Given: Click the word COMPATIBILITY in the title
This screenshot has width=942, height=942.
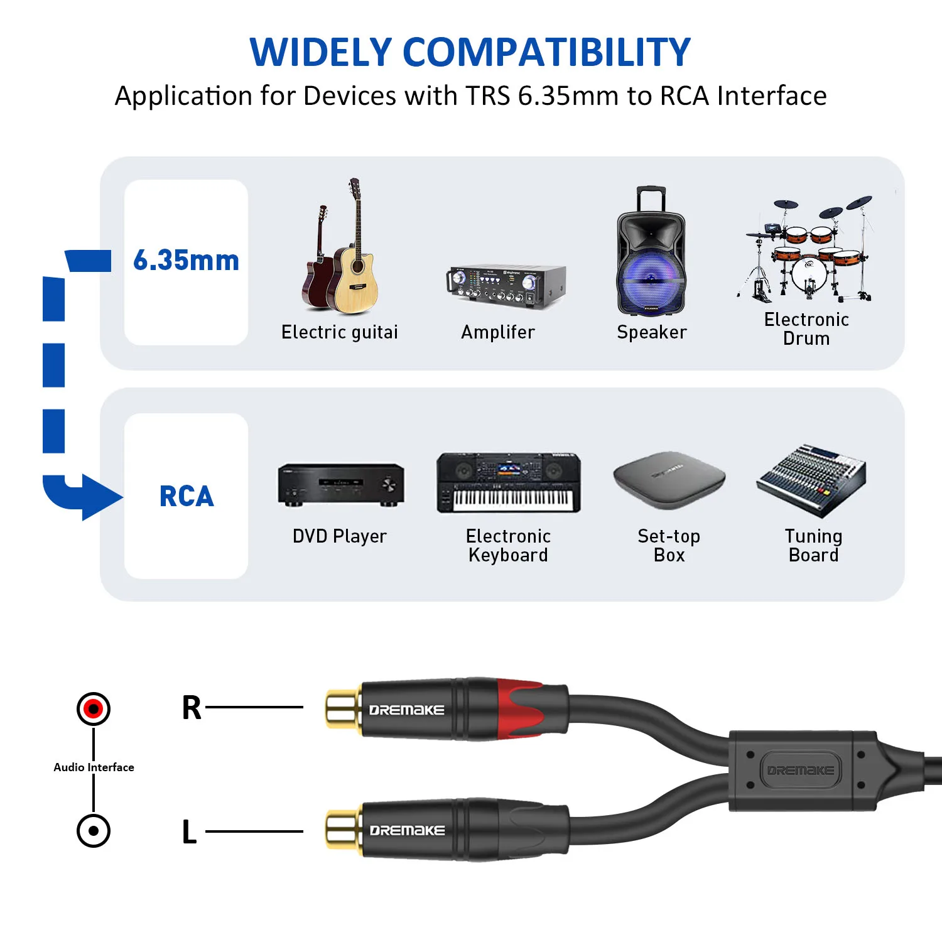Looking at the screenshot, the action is tap(546, 52).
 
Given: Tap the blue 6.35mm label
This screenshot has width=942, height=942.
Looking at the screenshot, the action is tap(186, 261).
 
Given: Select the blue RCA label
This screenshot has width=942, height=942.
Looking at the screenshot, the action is tap(187, 496).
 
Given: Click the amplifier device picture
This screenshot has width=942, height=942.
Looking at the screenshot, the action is tap(506, 286).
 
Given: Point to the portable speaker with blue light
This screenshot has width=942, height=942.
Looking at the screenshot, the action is tap(651, 251).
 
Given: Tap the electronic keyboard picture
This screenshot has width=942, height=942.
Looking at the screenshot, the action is tap(509, 483).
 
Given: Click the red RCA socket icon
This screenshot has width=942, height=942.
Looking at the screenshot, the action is tap(94, 708).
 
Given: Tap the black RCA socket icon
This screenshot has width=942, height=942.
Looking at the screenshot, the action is tap(94, 830).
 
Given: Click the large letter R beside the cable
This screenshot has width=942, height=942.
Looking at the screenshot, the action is tap(192, 708).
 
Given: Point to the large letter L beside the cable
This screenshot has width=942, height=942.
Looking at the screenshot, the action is tap(189, 832).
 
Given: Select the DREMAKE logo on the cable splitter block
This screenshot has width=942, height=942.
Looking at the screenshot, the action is tap(800, 770).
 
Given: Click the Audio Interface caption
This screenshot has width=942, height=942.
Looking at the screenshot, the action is tap(94, 767).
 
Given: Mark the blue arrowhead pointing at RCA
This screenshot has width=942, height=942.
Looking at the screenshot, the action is tap(100, 497).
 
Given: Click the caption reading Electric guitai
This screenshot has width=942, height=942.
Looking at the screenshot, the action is tap(340, 332).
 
